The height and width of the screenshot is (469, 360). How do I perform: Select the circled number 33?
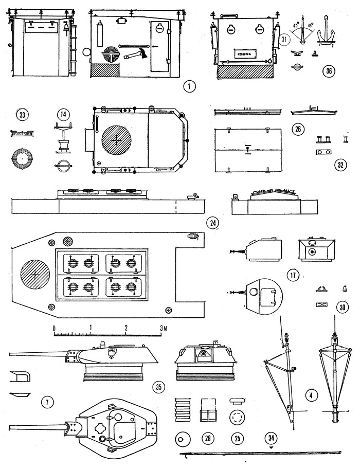[x=22, y=115]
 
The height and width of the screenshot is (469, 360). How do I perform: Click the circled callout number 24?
[x=212, y=223]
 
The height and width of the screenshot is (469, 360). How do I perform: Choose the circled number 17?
[x=294, y=275]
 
